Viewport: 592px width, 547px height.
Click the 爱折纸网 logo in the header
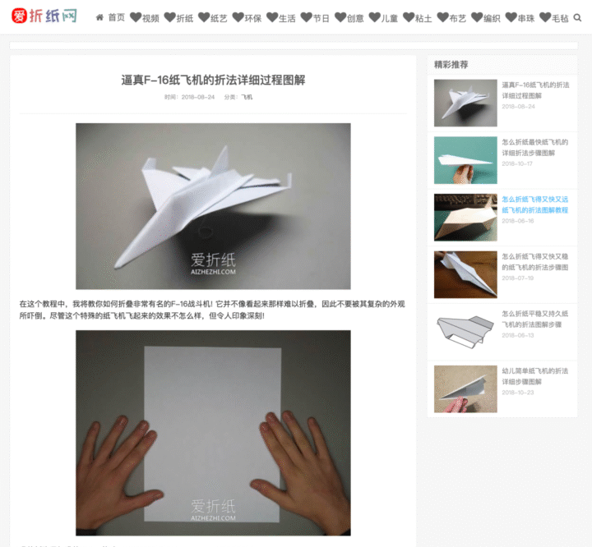click(x=44, y=16)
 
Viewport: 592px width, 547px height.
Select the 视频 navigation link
click(x=146, y=17)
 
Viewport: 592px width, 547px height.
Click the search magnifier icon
click(x=577, y=17)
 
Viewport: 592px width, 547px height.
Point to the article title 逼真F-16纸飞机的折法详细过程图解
click(x=213, y=80)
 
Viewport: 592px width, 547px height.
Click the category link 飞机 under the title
click(x=247, y=97)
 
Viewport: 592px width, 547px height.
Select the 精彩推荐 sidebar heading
click(x=451, y=64)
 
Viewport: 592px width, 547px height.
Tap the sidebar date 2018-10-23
click(x=518, y=392)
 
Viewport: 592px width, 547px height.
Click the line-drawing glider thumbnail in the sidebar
click(x=465, y=332)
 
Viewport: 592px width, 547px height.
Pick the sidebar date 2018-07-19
click(x=518, y=278)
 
